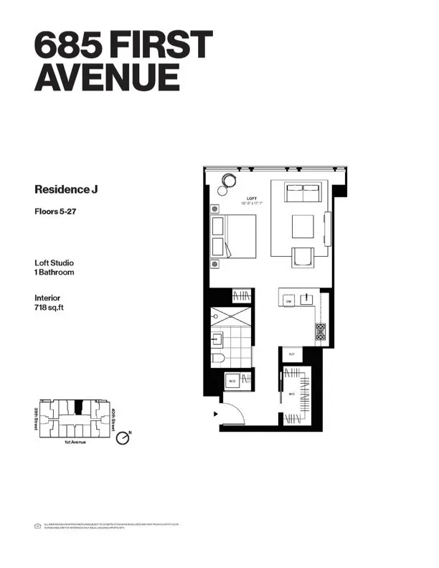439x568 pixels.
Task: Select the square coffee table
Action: tap(302, 227)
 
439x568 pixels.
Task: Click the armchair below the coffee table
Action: tap(302, 256)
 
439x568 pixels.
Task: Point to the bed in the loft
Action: tap(234, 237)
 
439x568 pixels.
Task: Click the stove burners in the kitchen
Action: tap(320, 331)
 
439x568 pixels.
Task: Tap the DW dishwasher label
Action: tap(288, 303)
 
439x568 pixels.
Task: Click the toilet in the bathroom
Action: tap(219, 356)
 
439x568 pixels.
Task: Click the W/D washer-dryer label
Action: tap(233, 381)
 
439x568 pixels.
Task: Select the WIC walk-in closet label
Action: tap(291, 394)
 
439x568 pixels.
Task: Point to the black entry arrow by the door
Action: tap(215, 414)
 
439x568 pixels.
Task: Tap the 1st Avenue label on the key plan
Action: tap(75, 442)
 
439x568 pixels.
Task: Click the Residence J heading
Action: tap(65, 190)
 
